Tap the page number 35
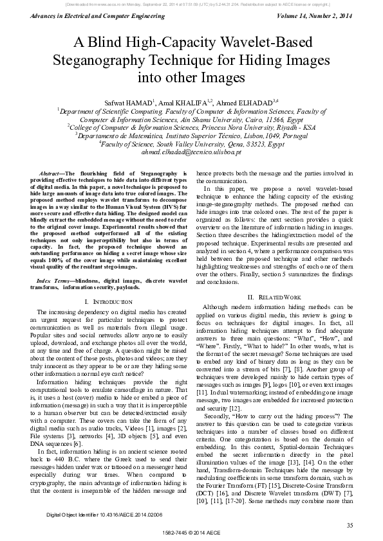(x=349, y=526)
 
